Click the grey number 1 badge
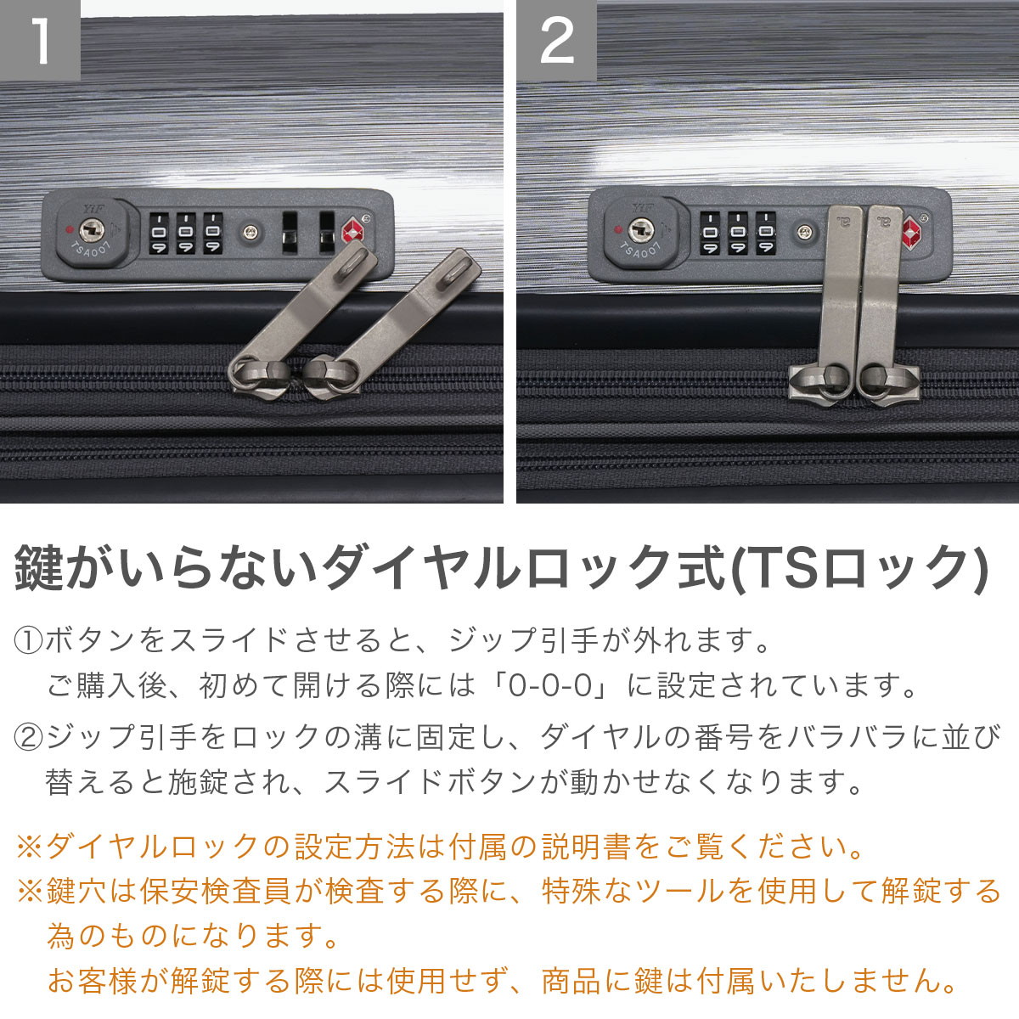pyautogui.click(x=40, y=40)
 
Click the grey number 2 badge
pyautogui.click(x=556, y=40)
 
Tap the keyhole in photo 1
pyautogui.click(x=92, y=231)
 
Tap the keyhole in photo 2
pyautogui.click(x=641, y=230)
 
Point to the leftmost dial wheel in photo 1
pyautogui.click(x=159, y=234)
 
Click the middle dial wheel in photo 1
pyautogui.click(x=186, y=234)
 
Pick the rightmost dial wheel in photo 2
pyautogui.click(x=765, y=233)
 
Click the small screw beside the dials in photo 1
pyautogui.click(x=251, y=231)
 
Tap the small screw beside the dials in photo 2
pyautogui.click(x=804, y=231)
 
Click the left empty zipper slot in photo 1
pyautogui.click(x=290, y=233)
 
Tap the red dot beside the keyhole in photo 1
pyautogui.click(x=68, y=229)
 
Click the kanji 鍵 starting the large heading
pyautogui.click(x=37, y=568)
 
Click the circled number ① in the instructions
pyautogui.click(x=28, y=640)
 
